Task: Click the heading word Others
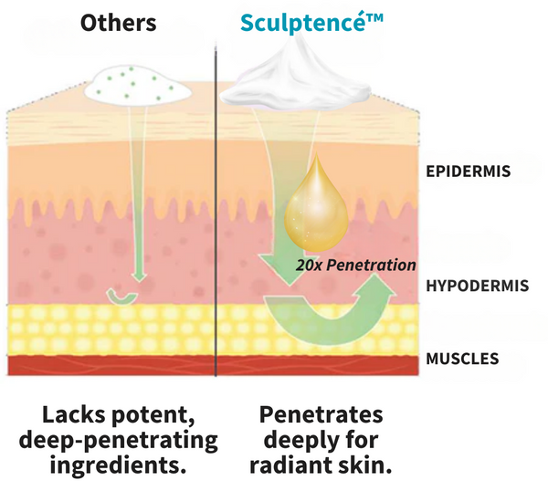(x=118, y=23)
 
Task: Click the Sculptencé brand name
(x=300, y=23)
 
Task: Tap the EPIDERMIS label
(x=468, y=171)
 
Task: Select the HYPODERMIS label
(x=477, y=286)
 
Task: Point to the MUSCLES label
(x=462, y=359)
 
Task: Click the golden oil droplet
(x=316, y=206)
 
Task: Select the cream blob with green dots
(x=137, y=85)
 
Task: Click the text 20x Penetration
(x=356, y=265)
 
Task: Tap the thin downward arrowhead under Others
(x=139, y=276)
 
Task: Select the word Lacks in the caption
(x=74, y=415)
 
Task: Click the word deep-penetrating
(x=118, y=441)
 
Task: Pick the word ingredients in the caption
(x=118, y=465)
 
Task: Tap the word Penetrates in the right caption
(x=321, y=415)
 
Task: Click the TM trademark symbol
(x=373, y=17)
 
